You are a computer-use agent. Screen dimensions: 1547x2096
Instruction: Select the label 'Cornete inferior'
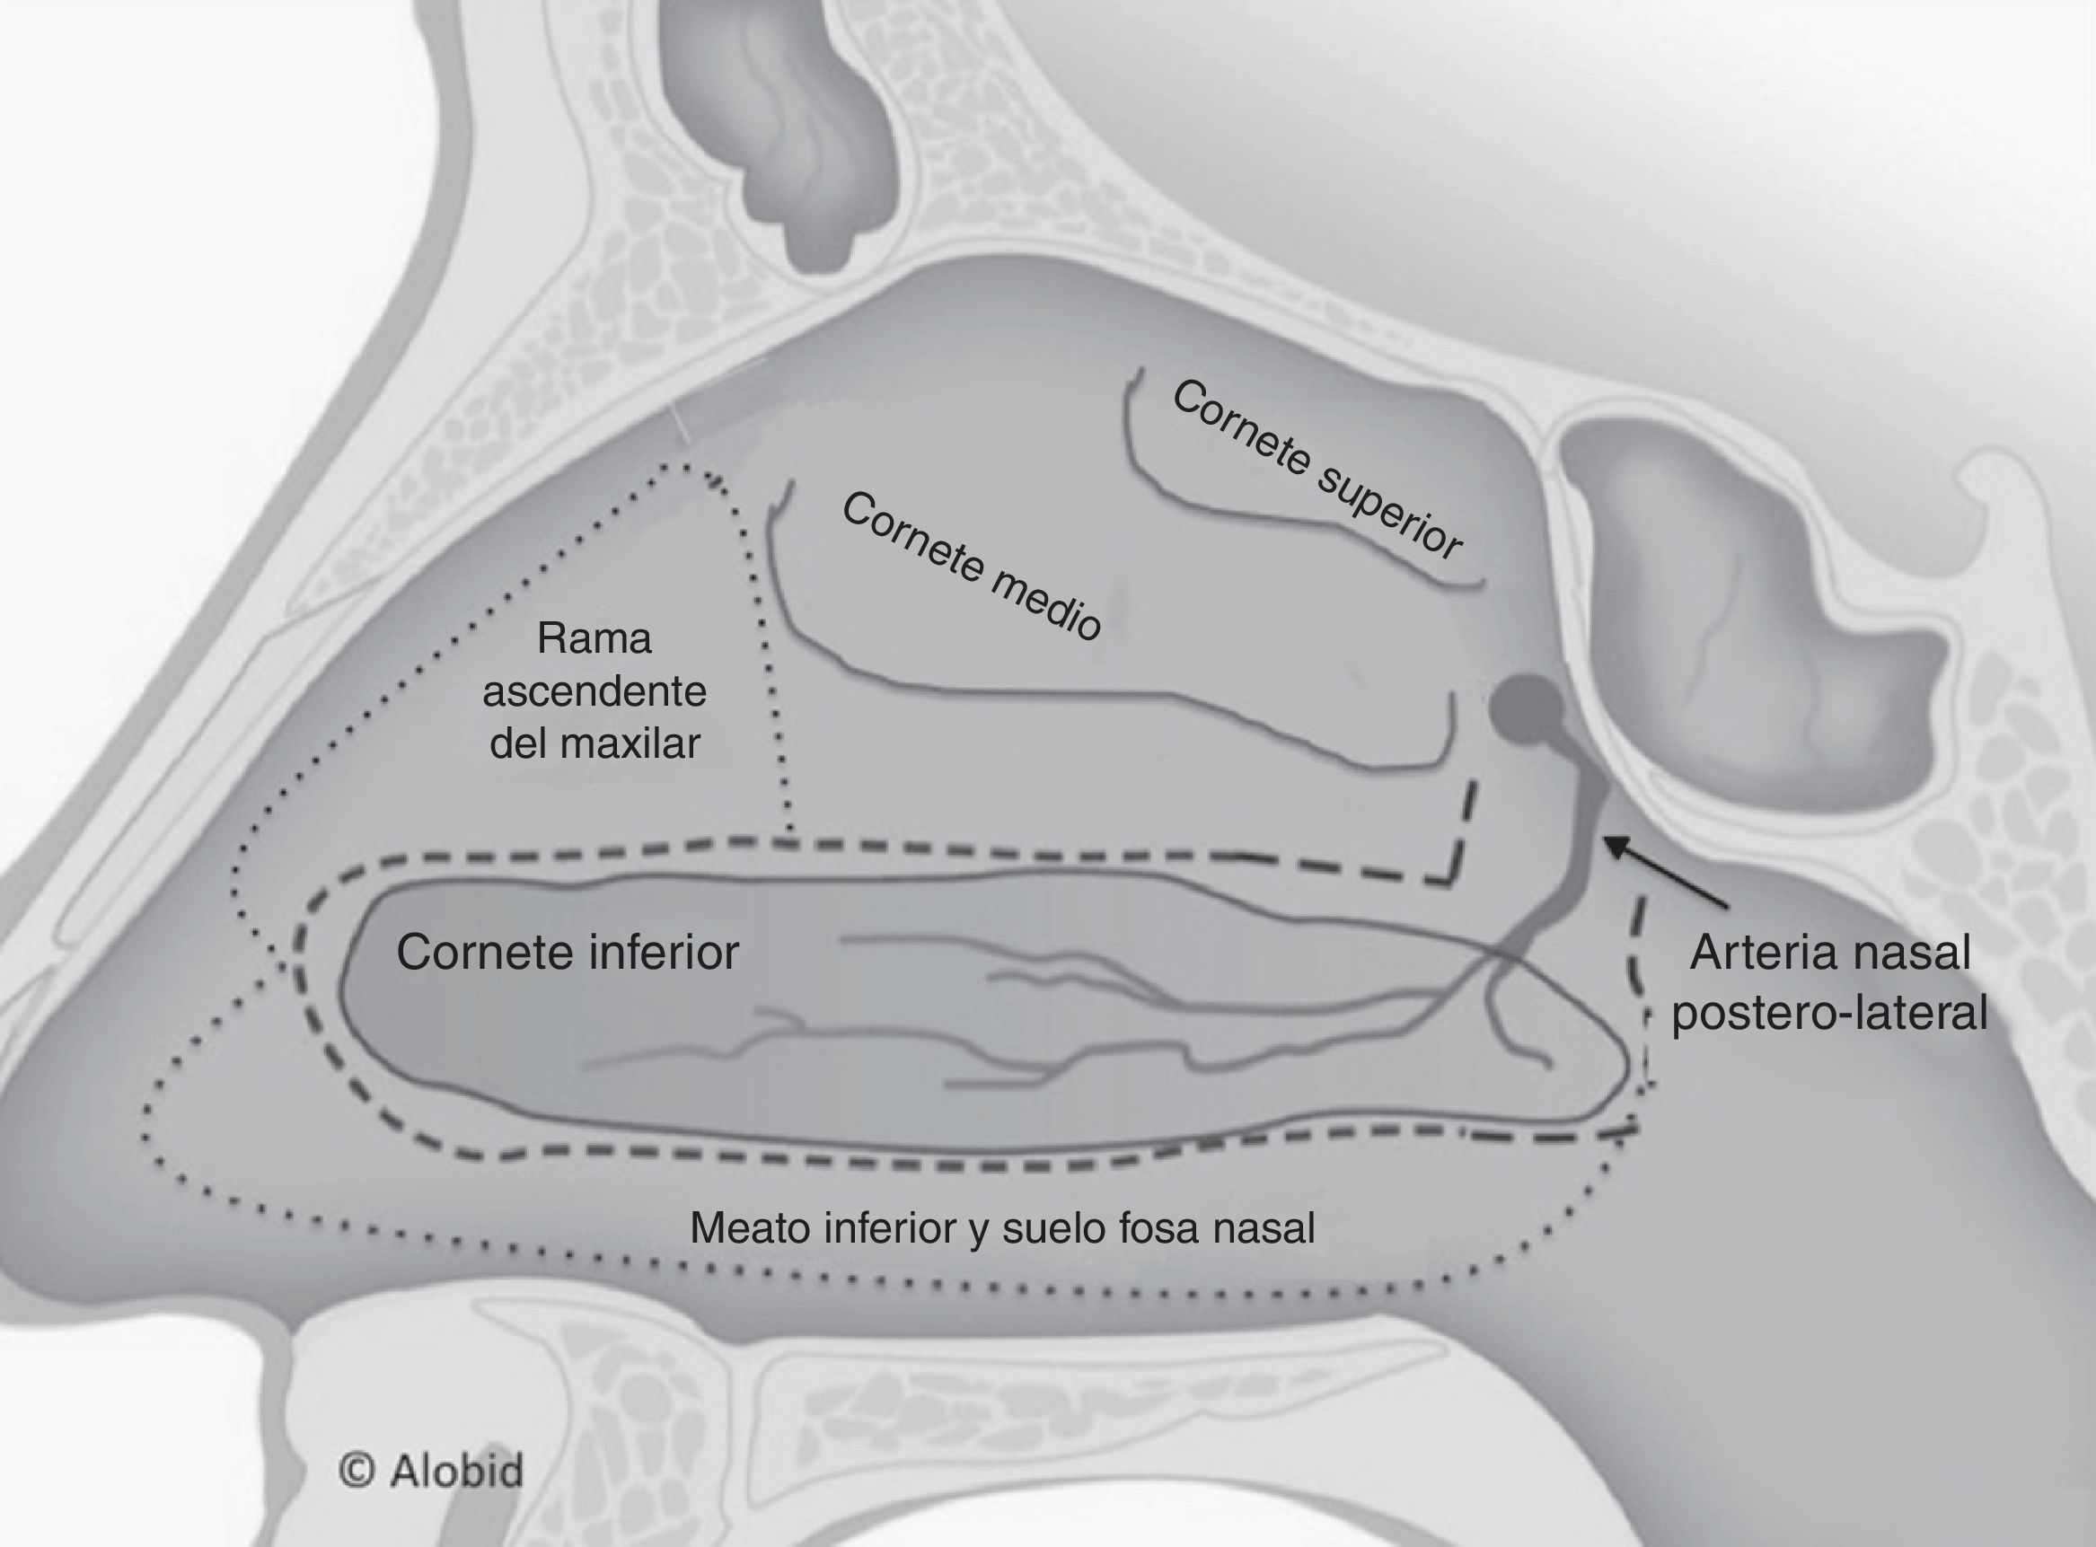point(568,953)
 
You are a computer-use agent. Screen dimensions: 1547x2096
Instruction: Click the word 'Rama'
point(594,638)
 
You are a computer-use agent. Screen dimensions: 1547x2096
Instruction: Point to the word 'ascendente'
point(594,692)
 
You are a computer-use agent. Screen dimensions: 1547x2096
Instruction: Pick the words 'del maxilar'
point(594,744)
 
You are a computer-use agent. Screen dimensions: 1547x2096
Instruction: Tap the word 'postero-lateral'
point(1829,1014)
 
